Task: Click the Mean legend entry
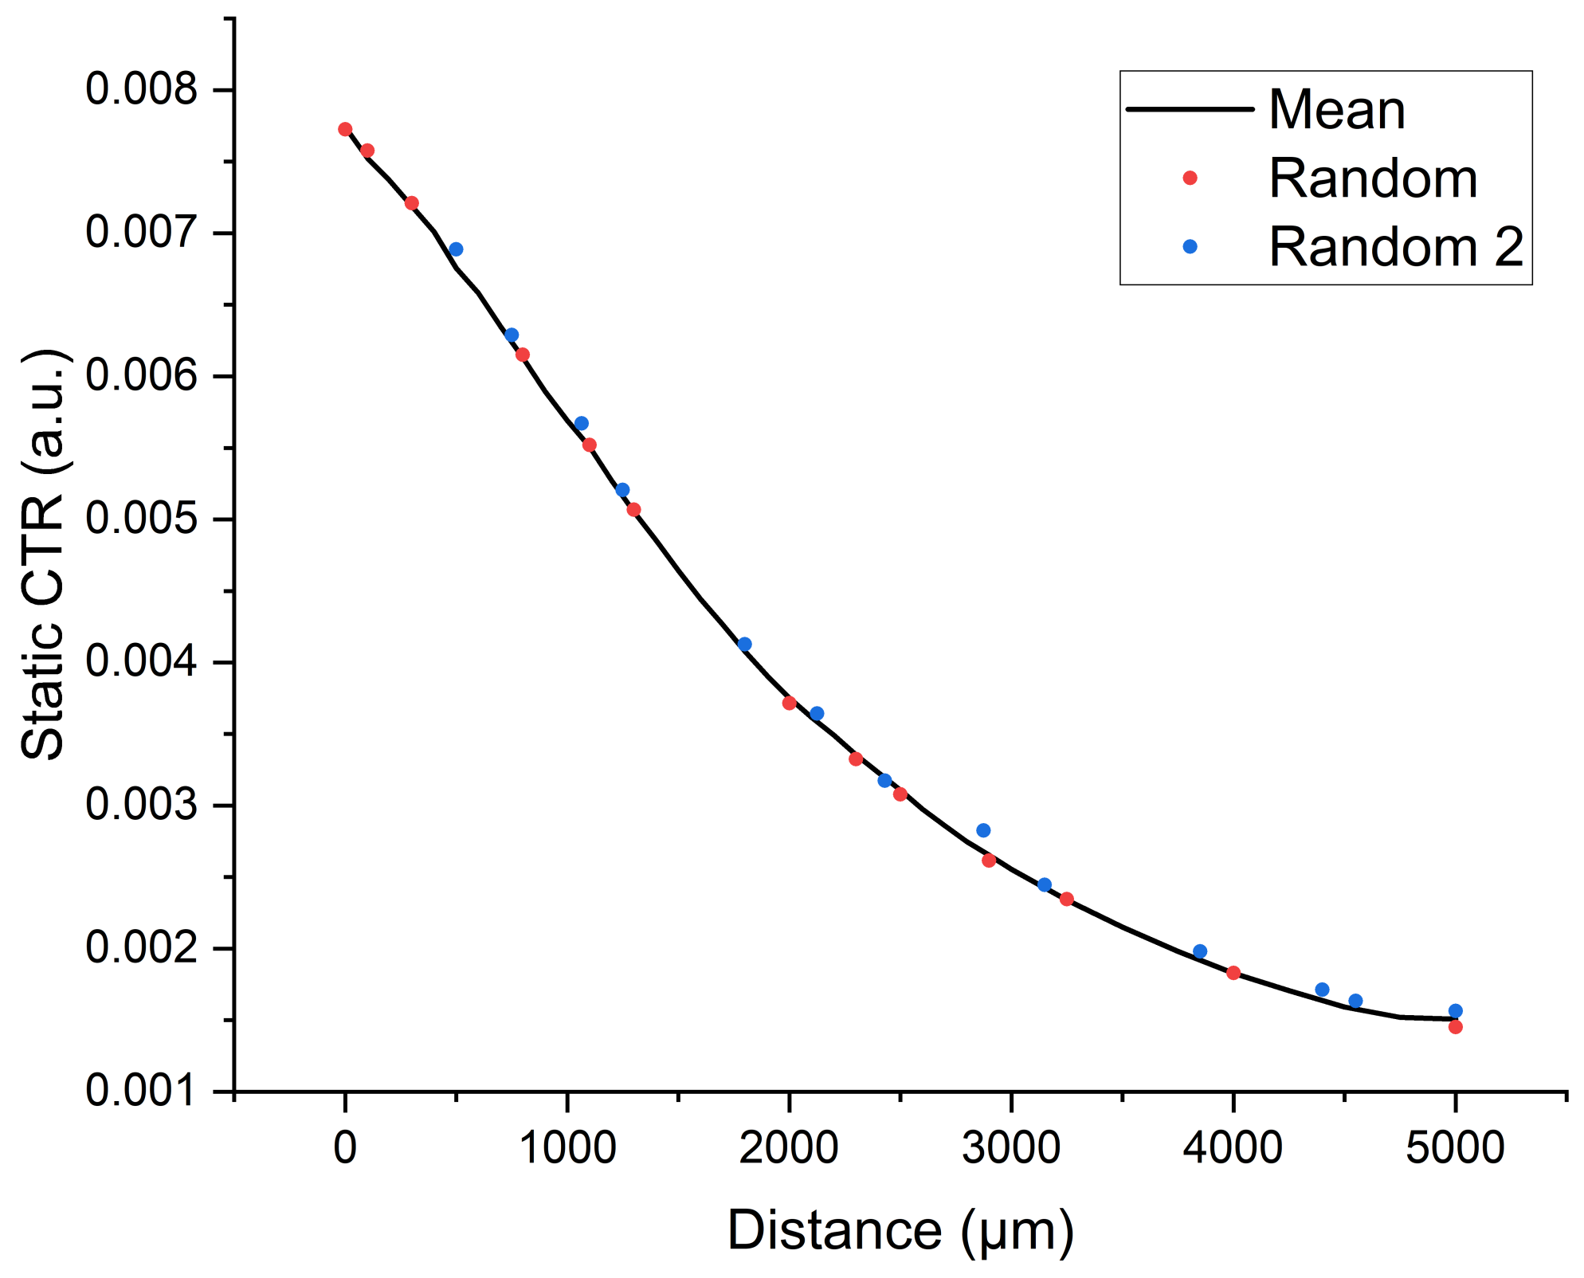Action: coord(1336,110)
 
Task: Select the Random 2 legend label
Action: coord(1396,247)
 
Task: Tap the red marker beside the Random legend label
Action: coord(1190,178)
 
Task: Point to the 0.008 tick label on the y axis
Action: coord(141,88)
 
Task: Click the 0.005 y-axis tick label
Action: coord(141,519)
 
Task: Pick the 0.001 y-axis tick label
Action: coord(141,1091)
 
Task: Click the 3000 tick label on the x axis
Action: coord(1010,1148)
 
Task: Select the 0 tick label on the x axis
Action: coord(345,1148)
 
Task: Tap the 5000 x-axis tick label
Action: coord(1454,1148)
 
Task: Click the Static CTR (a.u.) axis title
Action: coord(44,554)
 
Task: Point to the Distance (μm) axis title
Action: coord(900,1231)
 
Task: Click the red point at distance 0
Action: coord(345,129)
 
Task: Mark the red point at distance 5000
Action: coord(1455,1027)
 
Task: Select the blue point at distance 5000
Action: coord(1455,1011)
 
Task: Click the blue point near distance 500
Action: coord(456,249)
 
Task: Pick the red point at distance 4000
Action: coord(1233,973)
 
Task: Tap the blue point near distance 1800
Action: coord(744,644)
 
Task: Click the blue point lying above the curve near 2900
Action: coord(983,830)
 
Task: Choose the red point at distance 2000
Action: coord(789,703)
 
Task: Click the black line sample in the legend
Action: coord(1190,109)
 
